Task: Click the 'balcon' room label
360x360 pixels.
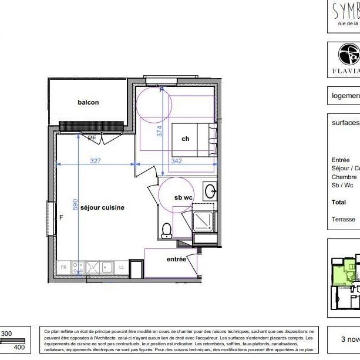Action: coord(88,102)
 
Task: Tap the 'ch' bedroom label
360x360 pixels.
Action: coord(185,139)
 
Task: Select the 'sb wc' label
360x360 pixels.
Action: coord(183,197)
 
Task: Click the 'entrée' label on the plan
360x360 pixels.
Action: coord(176,259)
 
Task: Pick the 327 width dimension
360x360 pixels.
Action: coord(97,160)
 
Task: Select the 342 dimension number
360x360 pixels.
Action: coord(176,160)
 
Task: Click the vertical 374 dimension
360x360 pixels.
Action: coord(159,132)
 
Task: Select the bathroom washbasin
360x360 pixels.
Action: coord(210,191)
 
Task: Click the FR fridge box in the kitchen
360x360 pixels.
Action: coord(63,267)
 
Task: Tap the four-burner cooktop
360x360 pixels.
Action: coord(78,267)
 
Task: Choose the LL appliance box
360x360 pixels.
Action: coord(122,267)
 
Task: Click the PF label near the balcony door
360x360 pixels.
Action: coord(92,139)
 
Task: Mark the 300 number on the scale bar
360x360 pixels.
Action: coord(6,334)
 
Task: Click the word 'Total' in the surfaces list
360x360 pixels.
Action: coord(339,202)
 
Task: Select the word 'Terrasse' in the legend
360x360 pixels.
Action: coord(344,219)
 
